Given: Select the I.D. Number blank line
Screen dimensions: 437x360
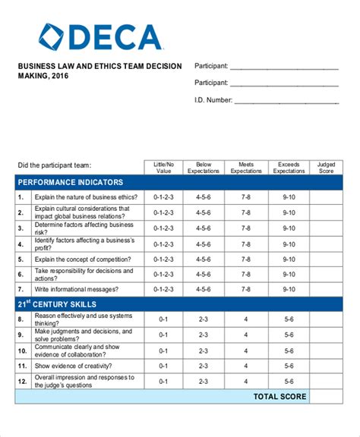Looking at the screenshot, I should [x=286, y=99].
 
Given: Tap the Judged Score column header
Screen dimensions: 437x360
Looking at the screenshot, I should [x=325, y=167].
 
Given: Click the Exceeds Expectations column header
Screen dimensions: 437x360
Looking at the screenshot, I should [x=289, y=167].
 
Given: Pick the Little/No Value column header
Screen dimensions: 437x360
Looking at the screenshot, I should [x=164, y=167].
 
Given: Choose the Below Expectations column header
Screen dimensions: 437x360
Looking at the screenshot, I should [x=203, y=167].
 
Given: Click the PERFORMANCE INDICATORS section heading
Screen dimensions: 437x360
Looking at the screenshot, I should [x=71, y=183].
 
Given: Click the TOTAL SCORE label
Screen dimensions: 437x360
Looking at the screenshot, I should [x=279, y=397].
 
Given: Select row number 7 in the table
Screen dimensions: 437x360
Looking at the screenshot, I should [x=22, y=289].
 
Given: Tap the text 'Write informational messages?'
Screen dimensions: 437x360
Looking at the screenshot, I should [x=77, y=289].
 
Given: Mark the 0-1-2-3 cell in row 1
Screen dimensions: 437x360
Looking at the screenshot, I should [x=164, y=197].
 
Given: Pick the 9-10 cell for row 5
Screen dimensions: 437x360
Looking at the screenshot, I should [x=289, y=259].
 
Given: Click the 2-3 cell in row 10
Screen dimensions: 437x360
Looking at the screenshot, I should [x=203, y=351].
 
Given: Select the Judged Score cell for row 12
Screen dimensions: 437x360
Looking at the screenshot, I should [x=325, y=382].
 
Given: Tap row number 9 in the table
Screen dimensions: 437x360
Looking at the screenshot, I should [x=22, y=335].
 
